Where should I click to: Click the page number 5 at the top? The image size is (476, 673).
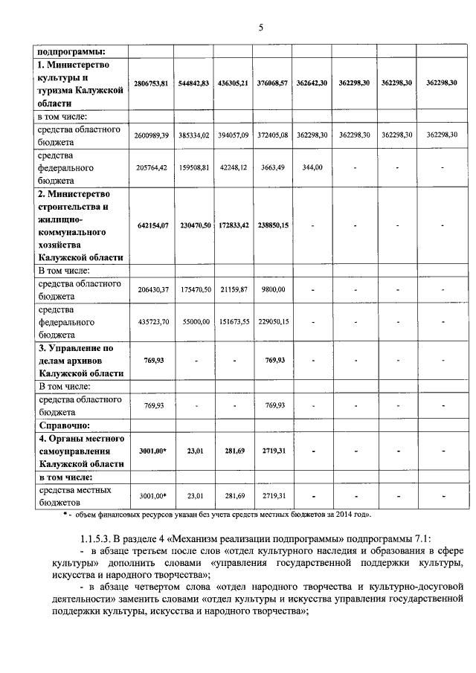point(260,28)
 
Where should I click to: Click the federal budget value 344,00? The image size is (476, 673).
point(312,168)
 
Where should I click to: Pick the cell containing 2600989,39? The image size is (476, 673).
point(153,134)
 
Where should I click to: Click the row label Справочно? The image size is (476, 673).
point(64,425)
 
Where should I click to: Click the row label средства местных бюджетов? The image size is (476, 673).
point(74,496)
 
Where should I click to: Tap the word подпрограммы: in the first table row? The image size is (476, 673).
point(70,52)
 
